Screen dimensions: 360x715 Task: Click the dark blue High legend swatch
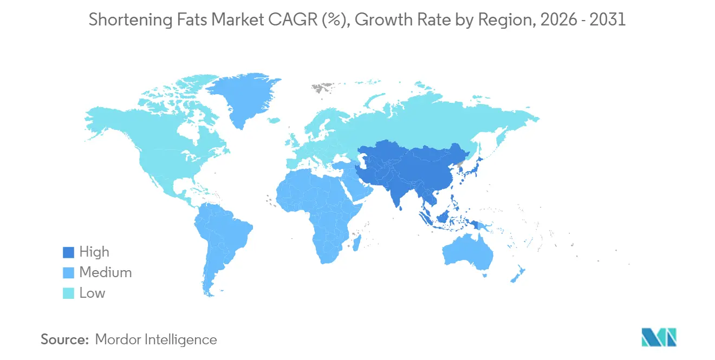(x=68, y=252)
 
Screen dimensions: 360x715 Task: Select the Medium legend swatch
(x=68, y=273)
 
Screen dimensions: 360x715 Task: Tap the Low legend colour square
(x=68, y=293)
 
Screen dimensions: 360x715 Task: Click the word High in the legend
(x=94, y=252)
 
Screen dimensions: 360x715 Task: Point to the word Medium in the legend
(x=106, y=273)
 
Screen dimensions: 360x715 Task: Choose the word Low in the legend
(x=92, y=293)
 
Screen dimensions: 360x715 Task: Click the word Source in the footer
(x=64, y=340)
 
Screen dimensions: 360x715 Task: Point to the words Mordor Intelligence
(x=156, y=340)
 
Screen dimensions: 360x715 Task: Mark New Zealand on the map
(x=517, y=273)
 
